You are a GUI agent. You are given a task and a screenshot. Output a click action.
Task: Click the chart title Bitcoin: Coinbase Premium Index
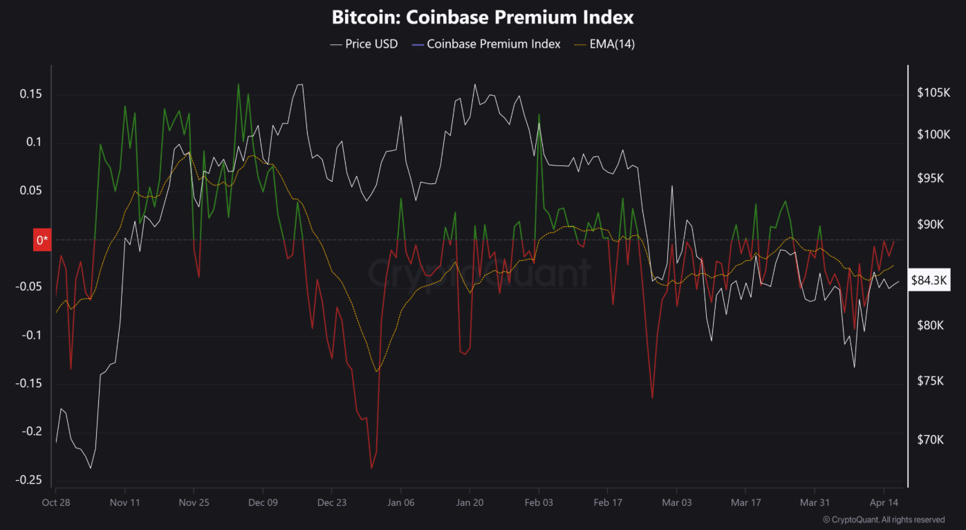click(483, 17)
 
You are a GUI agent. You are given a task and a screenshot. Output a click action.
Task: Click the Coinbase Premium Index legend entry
click(485, 44)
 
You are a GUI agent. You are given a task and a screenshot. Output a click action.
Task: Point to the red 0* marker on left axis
click(42, 240)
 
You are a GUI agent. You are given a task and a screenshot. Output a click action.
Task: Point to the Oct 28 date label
click(56, 502)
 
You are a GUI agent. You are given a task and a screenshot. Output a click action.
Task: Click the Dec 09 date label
click(263, 502)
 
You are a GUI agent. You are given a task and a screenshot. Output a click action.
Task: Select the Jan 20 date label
click(470, 502)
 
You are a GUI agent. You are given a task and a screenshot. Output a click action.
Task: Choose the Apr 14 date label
click(882, 502)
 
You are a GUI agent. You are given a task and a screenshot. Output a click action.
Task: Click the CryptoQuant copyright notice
click(883, 519)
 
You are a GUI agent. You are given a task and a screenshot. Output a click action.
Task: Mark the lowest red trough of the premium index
click(371, 468)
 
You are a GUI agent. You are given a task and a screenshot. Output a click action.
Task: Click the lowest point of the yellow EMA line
click(376, 372)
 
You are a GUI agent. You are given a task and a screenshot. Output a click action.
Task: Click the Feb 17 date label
click(607, 502)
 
